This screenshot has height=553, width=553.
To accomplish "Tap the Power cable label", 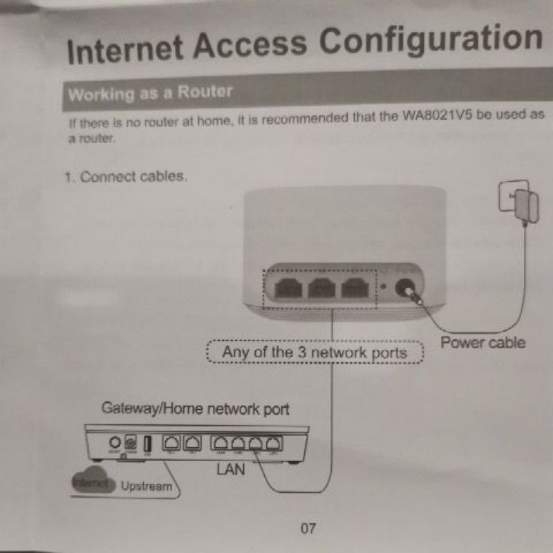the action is (482, 342).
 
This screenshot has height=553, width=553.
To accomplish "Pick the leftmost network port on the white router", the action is (287, 288).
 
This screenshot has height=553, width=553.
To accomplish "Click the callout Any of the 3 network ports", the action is (315, 353).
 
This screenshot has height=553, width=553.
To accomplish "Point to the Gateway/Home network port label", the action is (196, 409).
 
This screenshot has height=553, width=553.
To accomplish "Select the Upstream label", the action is (146, 486).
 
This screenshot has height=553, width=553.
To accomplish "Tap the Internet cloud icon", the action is (90, 484).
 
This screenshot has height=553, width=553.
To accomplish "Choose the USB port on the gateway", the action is (147, 443).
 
